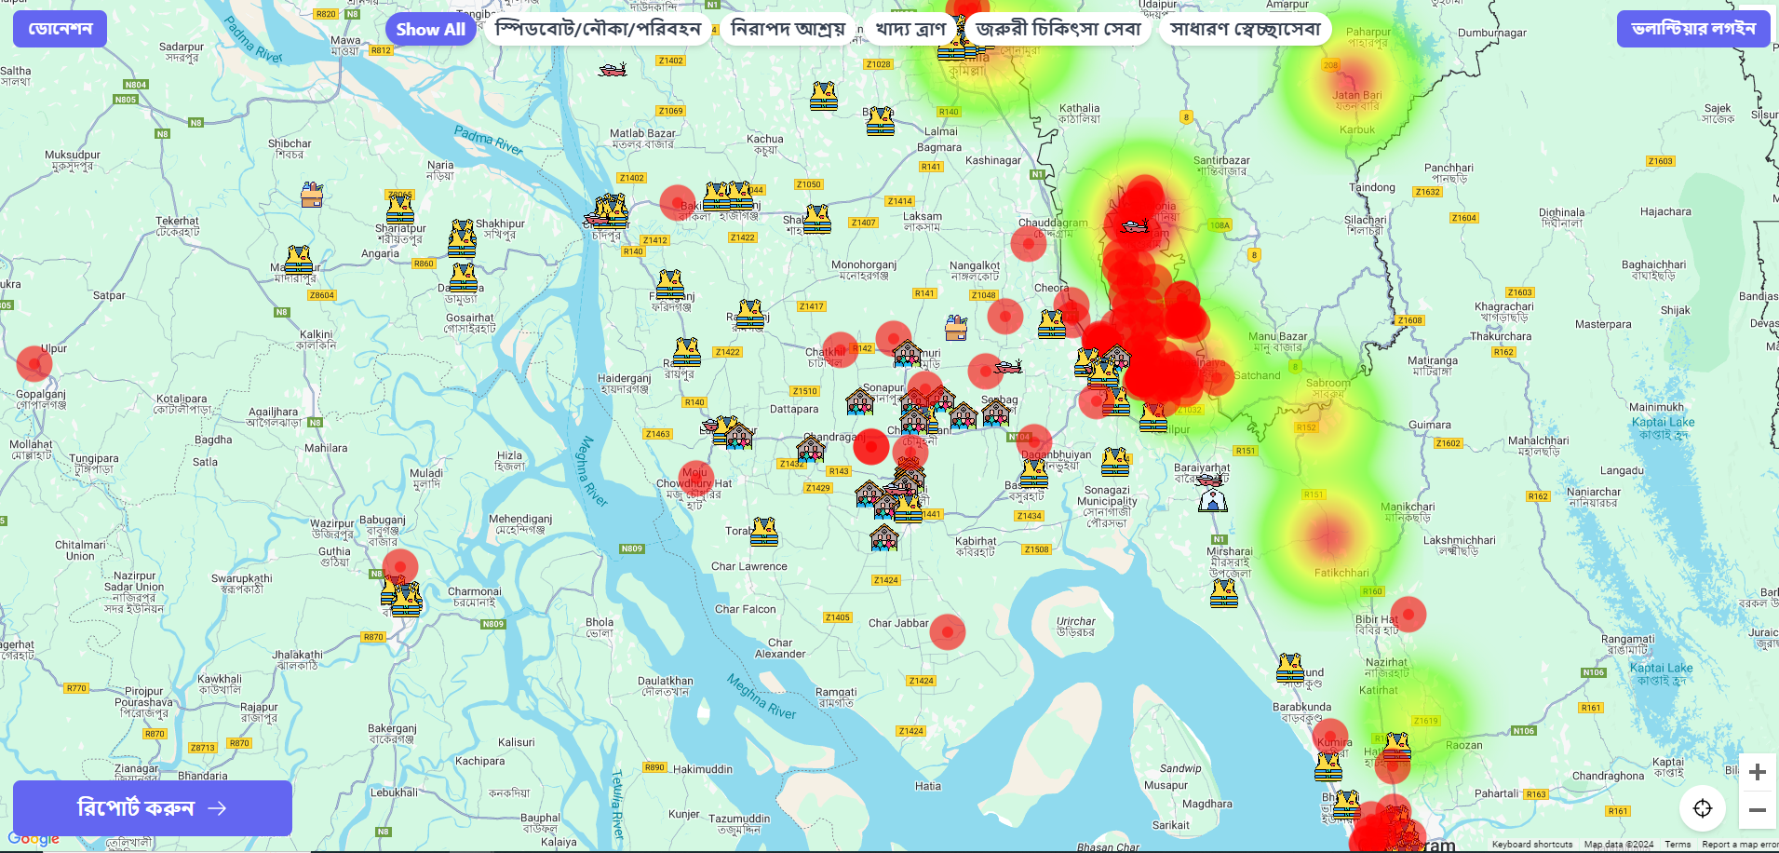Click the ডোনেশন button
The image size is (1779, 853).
coord(60,29)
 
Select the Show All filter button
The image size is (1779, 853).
coord(430,30)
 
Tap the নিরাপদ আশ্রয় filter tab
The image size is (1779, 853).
coord(788,30)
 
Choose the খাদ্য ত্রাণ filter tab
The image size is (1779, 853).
coord(910,30)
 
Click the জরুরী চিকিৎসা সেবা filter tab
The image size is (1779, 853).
coord(1058,30)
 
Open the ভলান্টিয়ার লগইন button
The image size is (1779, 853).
coord(1693,29)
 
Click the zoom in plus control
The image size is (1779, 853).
coord(1757,772)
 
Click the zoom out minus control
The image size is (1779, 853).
coord(1757,810)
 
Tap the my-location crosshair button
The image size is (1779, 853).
coord(1703,808)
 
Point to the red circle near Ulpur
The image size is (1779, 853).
coord(34,363)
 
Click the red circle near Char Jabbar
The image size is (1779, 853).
coord(948,632)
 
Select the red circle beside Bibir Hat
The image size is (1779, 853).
coord(1408,615)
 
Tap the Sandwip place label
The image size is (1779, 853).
coord(1180,769)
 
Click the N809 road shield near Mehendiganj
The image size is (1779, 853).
coord(632,548)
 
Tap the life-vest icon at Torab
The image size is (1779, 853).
coord(764,532)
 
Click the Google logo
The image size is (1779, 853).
coord(34,838)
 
